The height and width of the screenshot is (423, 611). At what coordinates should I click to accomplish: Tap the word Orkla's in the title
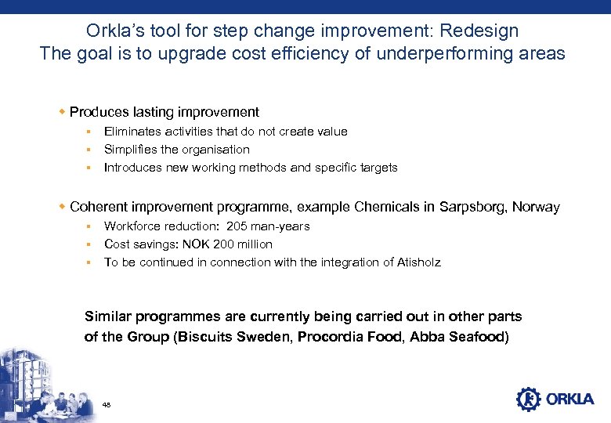(x=113, y=31)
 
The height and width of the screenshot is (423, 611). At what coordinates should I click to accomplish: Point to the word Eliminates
(x=132, y=132)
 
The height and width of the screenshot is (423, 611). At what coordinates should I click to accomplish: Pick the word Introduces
(x=132, y=168)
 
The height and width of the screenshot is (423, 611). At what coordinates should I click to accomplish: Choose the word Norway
(x=537, y=208)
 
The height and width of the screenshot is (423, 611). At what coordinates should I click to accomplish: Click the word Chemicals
(x=388, y=208)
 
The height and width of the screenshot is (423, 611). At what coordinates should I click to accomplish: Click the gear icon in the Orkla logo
(x=528, y=399)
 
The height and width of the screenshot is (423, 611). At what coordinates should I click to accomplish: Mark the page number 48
(x=107, y=405)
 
